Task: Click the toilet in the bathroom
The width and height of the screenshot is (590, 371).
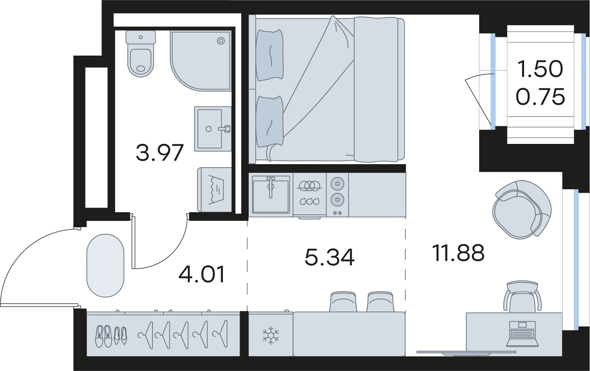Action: click(x=141, y=54)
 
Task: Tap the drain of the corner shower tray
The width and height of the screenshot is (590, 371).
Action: click(x=221, y=41)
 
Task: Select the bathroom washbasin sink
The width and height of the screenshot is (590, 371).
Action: click(x=213, y=129)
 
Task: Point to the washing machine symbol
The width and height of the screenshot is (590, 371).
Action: click(x=214, y=190)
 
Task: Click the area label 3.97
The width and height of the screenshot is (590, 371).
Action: click(x=159, y=153)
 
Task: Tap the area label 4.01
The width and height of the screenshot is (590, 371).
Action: click(x=202, y=274)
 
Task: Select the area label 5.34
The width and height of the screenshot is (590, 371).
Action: click(x=330, y=257)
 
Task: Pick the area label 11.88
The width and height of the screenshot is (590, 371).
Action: click(x=458, y=253)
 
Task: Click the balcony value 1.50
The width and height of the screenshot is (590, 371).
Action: click(x=540, y=69)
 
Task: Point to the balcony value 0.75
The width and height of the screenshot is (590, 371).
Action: click(x=540, y=97)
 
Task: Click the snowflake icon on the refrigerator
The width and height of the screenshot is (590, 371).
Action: click(x=270, y=335)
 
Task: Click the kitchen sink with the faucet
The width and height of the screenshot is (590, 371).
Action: click(x=271, y=194)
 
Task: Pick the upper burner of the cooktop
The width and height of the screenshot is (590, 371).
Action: click(x=337, y=184)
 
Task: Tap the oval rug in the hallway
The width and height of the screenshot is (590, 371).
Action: click(x=105, y=265)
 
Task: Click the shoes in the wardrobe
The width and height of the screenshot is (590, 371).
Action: click(x=111, y=336)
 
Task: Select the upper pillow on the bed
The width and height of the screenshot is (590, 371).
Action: click(x=270, y=55)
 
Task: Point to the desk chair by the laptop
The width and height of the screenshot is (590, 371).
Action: click(x=522, y=297)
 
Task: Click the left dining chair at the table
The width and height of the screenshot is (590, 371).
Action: click(x=344, y=302)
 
